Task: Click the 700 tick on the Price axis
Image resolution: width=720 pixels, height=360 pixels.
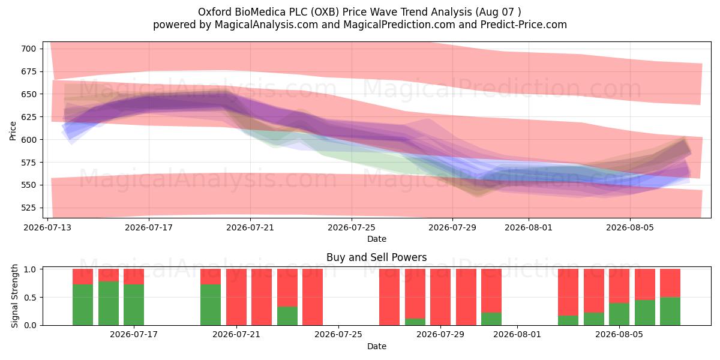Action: pyautogui.click(x=29, y=49)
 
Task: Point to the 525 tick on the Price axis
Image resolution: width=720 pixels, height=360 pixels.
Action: pyautogui.click(x=29, y=208)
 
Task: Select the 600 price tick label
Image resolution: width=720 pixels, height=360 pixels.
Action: pyautogui.click(x=29, y=140)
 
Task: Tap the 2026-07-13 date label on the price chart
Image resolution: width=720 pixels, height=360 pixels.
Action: pyautogui.click(x=47, y=227)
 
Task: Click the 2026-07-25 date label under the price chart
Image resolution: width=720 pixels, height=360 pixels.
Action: pyautogui.click(x=352, y=227)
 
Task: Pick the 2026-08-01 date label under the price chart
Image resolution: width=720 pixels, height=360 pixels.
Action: pyautogui.click(x=529, y=227)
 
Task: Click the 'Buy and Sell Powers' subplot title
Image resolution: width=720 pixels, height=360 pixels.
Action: pyautogui.click(x=377, y=257)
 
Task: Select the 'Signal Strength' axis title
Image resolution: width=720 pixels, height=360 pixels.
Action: pyautogui.click(x=14, y=296)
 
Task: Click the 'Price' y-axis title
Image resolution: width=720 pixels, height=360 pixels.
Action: pyautogui.click(x=13, y=131)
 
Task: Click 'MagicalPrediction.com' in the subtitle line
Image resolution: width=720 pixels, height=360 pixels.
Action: pyautogui.click(x=399, y=25)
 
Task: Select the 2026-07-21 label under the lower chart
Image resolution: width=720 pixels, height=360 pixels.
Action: pyautogui.click(x=236, y=335)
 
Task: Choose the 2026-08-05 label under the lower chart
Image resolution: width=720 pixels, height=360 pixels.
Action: pyautogui.click(x=619, y=335)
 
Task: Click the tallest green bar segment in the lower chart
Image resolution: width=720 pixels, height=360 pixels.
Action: pyautogui.click(x=109, y=304)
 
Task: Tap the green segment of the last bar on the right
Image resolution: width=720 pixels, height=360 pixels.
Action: pyautogui.click(x=670, y=311)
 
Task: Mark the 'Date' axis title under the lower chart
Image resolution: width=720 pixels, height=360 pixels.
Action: pyautogui.click(x=377, y=346)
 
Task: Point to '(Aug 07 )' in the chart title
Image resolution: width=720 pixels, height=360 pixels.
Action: pyautogui.click(x=499, y=12)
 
